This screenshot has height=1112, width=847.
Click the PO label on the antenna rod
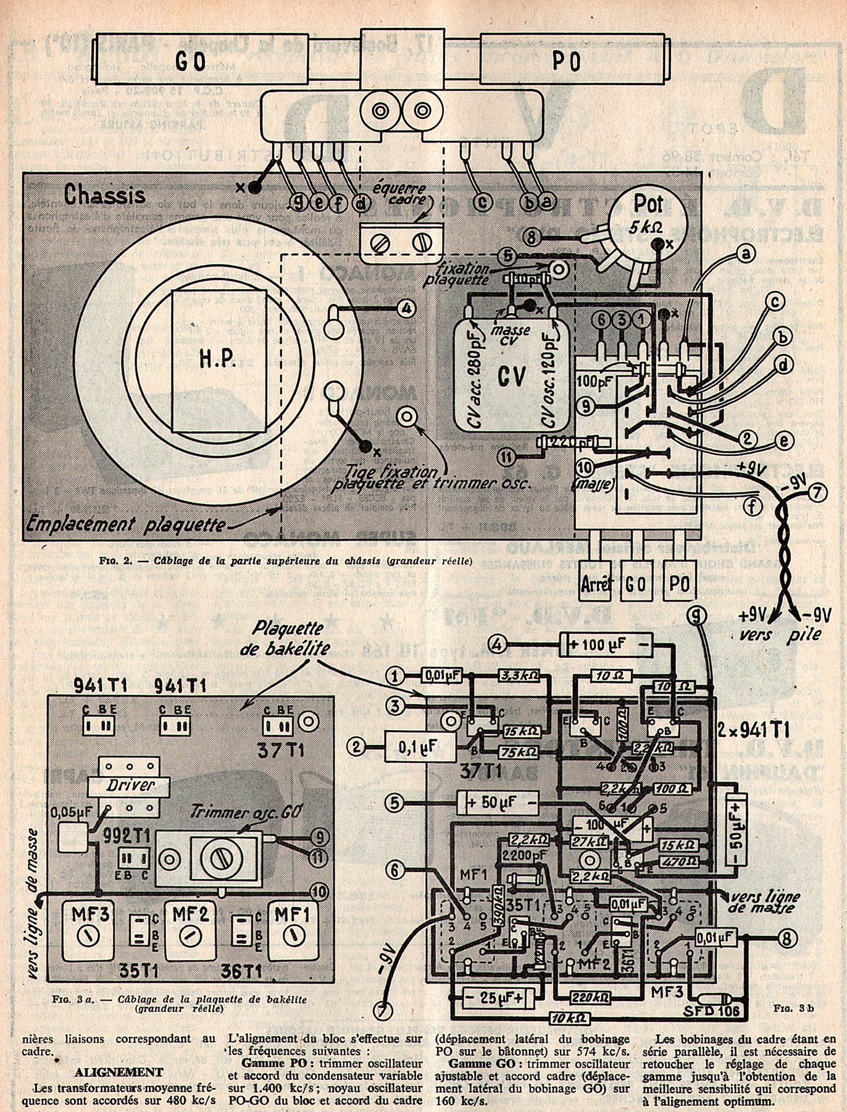(x=566, y=62)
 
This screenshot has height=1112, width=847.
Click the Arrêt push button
(x=596, y=583)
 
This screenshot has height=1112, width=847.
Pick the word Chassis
(x=104, y=195)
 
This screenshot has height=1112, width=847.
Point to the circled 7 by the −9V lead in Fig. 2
(x=816, y=493)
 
